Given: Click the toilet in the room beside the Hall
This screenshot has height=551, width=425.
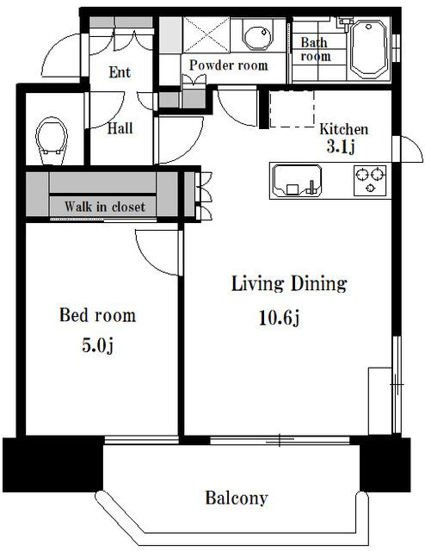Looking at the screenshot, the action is tap(52, 140).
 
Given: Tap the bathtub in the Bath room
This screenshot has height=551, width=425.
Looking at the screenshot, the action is tap(369, 49).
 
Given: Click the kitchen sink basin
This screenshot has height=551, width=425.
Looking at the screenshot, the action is tap(297, 181).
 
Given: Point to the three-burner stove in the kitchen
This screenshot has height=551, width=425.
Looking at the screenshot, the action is tap(370, 180).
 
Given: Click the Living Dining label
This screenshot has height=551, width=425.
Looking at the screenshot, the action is tap(289, 284).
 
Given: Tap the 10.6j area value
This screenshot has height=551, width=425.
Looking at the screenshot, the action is tap(279, 318).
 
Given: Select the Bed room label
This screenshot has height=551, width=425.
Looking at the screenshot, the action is tap(97, 315).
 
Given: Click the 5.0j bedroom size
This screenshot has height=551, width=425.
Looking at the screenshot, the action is tap(97, 345).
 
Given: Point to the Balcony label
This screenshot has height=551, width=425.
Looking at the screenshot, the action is tap(237, 498).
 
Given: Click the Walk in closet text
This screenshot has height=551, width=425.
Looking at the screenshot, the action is tap(105, 207).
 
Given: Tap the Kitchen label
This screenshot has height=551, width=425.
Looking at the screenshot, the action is tap(343, 129).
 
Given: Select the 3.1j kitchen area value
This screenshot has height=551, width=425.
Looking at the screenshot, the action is tap(341, 147).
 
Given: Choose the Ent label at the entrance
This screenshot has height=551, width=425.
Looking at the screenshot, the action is tap(120, 72).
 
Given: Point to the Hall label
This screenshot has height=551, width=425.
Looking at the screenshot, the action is tap(120, 128).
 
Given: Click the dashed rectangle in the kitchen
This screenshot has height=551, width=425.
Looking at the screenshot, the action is tap(292, 109).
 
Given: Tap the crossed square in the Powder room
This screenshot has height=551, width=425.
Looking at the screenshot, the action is tap(206, 34).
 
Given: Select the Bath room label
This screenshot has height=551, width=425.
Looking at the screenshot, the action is tap(316, 50).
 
